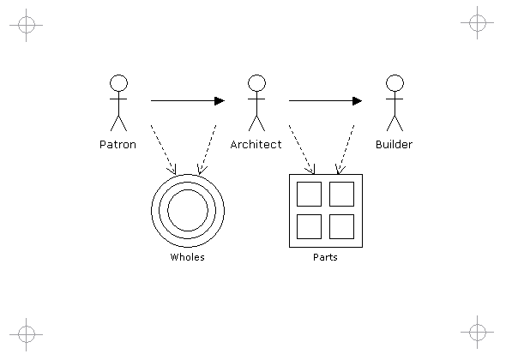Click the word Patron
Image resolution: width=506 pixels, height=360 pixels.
click(117, 145)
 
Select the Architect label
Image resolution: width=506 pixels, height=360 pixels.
click(256, 144)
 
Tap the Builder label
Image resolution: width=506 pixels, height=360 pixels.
click(394, 144)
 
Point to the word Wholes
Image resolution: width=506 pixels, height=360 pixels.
click(188, 257)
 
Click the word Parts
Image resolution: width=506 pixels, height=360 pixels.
click(325, 257)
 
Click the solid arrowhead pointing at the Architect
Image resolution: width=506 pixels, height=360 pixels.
click(220, 101)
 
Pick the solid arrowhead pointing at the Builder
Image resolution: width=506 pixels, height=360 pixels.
click(358, 101)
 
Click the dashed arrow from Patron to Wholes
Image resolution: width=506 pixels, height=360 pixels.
click(163, 150)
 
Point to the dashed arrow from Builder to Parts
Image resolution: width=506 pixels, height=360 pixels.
click(346, 150)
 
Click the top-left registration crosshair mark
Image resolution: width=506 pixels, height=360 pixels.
click(26, 25)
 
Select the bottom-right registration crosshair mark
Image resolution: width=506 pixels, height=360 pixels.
click(478, 332)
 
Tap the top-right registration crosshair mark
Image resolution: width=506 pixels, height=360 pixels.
click(478, 22)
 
